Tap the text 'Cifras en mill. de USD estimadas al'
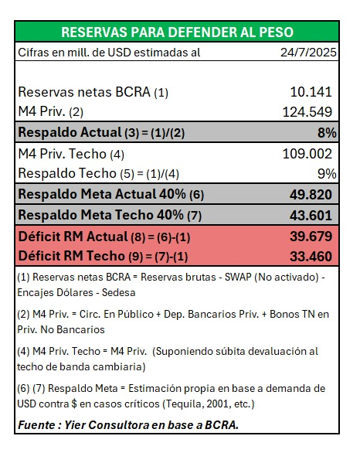pyautogui.click(x=109, y=53)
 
